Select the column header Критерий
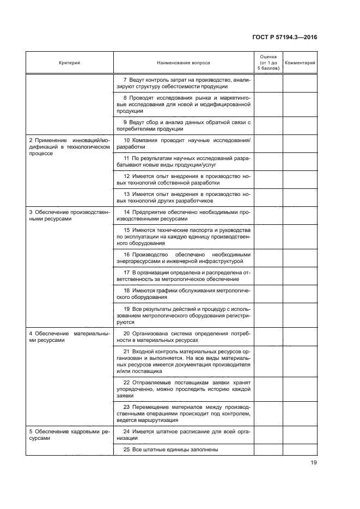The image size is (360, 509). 69,63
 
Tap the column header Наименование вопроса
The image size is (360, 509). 183,63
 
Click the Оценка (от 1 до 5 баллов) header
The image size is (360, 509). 267,63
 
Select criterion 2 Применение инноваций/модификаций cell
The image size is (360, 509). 69,147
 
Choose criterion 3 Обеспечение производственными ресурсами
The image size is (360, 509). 69,215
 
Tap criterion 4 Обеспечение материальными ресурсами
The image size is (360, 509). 69,336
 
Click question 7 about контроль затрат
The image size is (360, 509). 183,83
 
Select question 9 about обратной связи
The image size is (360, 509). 183,125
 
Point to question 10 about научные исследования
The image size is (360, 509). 183,144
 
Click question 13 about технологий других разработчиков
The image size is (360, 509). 183,197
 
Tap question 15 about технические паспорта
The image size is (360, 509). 183,237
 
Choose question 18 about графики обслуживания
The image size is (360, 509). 183,294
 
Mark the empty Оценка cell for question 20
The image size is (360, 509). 267,336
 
